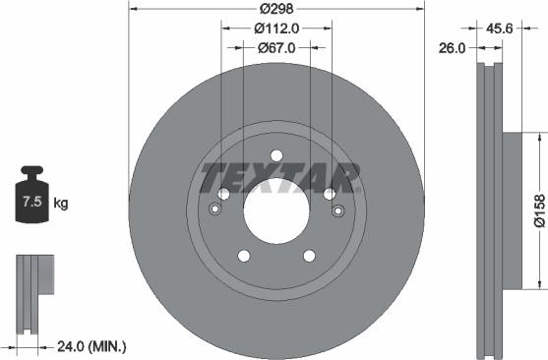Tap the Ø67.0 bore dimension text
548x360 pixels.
[x=276, y=46]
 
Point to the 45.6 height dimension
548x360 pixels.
[x=498, y=30]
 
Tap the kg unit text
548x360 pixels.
[x=61, y=205]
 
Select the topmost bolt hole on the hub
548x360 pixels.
[x=276, y=154]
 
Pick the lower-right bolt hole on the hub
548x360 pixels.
[x=309, y=256]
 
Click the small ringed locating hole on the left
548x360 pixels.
[x=214, y=209]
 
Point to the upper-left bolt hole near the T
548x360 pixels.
[x=224, y=194]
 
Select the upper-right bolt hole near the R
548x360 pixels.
[x=329, y=194]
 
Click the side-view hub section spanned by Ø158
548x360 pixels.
[x=508, y=210]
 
